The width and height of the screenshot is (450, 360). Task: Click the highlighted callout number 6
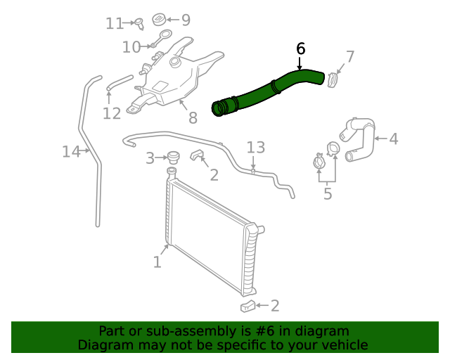tap(301, 49)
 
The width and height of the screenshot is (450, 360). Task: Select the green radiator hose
tap(267, 91)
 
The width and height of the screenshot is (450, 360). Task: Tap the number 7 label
tap(349, 56)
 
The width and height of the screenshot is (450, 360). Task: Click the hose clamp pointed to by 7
tap(333, 79)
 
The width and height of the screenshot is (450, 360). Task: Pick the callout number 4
tap(393, 139)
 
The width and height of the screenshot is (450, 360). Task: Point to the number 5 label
tap(328, 193)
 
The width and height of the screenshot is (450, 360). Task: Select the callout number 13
tap(256, 147)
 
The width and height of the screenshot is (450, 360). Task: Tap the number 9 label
tap(186, 20)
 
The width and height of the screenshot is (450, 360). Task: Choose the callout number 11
tap(115, 24)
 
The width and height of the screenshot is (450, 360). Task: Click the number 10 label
tap(131, 47)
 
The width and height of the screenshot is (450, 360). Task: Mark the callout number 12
tap(112, 113)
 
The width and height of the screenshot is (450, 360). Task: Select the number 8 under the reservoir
tap(193, 118)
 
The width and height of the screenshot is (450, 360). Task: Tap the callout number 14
tap(71, 151)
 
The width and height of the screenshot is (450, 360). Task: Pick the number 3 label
tap(150, 159)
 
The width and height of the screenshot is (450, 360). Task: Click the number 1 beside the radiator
tap(157, 262)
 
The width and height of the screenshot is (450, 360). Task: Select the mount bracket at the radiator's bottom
tap(247, 305)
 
